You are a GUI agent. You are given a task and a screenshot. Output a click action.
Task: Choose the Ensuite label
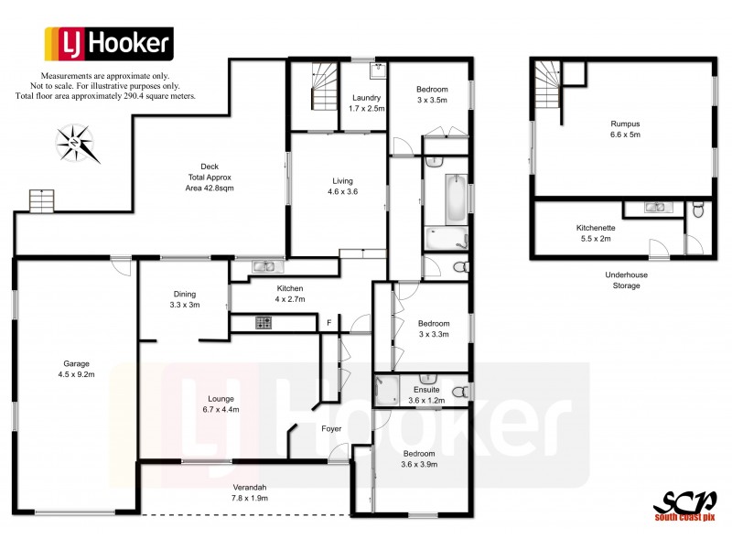point(426,395)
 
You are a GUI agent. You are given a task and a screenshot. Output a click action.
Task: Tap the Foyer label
point(331,428)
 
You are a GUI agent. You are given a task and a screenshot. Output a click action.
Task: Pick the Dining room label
point(185,299)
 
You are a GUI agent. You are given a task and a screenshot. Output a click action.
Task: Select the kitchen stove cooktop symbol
point(263,322)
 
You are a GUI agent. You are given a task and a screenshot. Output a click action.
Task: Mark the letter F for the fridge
point(328,322)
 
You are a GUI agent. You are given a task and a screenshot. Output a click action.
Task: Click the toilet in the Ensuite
point(464,392)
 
